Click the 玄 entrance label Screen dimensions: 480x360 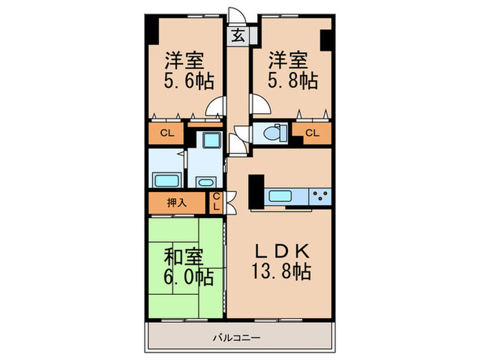coord(237,36)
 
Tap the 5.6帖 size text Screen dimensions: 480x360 coord(189,81)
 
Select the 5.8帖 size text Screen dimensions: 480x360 coord(293,80)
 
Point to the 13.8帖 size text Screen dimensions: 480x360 coord(281,272)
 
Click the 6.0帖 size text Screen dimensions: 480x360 coord(189,277)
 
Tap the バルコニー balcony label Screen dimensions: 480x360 coord(237,338)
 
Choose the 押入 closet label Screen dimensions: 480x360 coord(177,203)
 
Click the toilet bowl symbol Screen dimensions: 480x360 coord(274,134)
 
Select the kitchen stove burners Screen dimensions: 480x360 coord(320,195)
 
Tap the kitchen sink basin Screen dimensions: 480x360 coord(280,195)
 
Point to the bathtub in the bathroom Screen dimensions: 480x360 coord(166,180)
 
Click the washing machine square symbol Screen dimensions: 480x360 coord(212,140)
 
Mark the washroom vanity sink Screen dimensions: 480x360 coord(206,182)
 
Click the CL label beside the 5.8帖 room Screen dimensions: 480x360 coord(312,133)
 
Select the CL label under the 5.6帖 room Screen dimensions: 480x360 coord(167,133)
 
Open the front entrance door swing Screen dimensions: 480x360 coord(237,15)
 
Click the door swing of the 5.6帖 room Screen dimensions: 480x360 coord(215,106)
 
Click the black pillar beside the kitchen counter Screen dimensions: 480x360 coord(256,191)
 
